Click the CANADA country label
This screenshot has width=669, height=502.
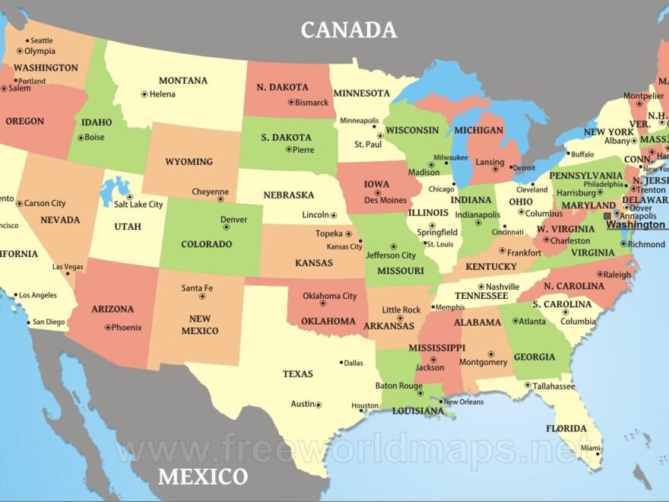coord(348,30)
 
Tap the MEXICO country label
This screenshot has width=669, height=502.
coord(202,477)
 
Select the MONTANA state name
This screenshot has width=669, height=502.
coord(182,81)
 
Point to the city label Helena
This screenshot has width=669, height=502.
coord(162,94)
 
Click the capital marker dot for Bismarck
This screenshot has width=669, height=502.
coord(290,103)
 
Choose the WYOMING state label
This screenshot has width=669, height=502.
coord(189,162)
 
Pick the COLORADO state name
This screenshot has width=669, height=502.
coord(206,245)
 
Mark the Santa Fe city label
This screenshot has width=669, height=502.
coord(197,288)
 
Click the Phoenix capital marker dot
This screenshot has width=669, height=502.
coord(106,328)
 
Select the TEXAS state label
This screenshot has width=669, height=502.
coord(297,374)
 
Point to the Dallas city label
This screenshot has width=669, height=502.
coord(354,363)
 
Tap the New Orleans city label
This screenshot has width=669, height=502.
coord(463,402)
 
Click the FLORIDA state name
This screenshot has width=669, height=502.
coord(566,429)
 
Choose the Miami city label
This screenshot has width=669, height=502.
coord(590,448)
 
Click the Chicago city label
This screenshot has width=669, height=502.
coord(440,189)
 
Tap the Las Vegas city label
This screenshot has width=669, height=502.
coord(68,267)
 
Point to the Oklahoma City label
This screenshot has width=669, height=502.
coord(329,296)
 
